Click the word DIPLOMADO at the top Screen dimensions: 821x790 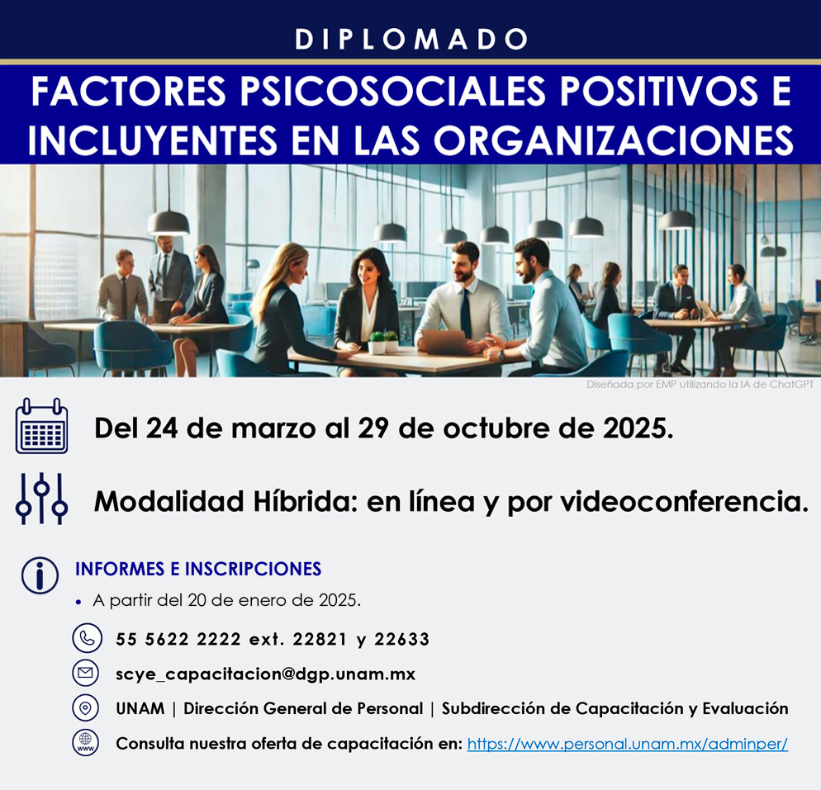pyautogui.click(x=411, y=40)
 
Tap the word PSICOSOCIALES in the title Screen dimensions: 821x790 pyautogui.click(x=393, y=91)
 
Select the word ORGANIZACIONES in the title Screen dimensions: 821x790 pyautogui.click(x=613, y=140)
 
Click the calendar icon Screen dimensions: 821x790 pyautogui.click(x=41, y=426)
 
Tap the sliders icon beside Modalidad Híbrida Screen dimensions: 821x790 pyautogui.click(x=41, y=499)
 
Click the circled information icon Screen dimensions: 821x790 pyautogui.click(x=40, y=575)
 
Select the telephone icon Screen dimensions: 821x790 pyautogui.click(x=87, y=638)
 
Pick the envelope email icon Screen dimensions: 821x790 pyautogui.click(x=85, y=673)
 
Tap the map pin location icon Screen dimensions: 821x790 pyautogui.click(x=85, y=707)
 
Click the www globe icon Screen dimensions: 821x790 pyautogui.click(x=85, y=742)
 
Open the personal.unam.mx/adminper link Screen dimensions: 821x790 pyautogui.click(x=627, y=744)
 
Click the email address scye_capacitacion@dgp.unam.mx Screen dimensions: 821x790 pyautogui.click(x=265, y=674)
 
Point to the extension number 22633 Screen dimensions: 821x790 pyautogui.click(x=401, y=639)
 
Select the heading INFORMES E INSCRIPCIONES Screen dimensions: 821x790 pyautogui.click(x=198, y=569)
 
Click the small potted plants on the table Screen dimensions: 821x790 pyautogui.click(x=384, y=342)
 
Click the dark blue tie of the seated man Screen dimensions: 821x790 pyautogui.click(x=466, y=312)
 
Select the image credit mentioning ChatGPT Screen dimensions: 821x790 pyautogui.click(x=700, y=385)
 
